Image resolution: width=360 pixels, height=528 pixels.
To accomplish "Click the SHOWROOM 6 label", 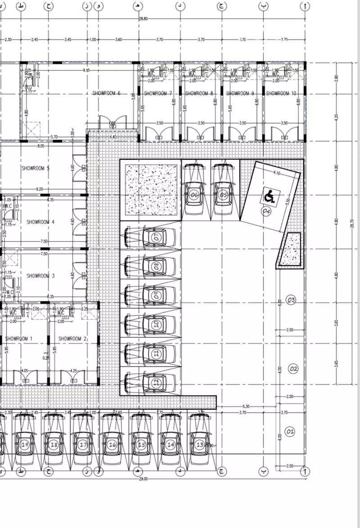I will pos(106,93).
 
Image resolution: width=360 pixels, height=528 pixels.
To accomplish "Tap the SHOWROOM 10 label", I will pos(281,94).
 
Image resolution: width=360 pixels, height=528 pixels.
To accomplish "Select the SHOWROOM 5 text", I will pos(35,168).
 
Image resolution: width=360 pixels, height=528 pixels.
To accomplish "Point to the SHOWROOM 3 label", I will pos(40,276).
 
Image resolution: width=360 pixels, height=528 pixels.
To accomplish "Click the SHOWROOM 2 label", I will pos(72,339).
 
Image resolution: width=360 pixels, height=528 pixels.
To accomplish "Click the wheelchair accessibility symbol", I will pos(269,196).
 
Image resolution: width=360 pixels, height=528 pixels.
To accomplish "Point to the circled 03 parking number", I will pos(291,300).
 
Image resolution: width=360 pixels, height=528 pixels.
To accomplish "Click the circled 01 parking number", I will pos(290,432).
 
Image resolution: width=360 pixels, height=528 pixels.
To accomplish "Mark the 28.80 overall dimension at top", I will pos(143,19).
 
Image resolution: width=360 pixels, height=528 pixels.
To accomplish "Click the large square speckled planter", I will pos(151,189).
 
